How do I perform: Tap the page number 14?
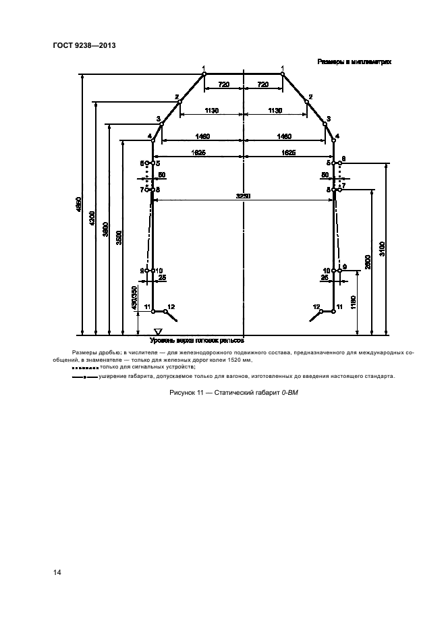point(57,572)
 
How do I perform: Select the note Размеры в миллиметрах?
point(355,61)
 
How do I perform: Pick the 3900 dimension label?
point(105,229)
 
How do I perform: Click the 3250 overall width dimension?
point(243,196)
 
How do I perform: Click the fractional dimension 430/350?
point(134,298)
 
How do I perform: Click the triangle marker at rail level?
point(159,331)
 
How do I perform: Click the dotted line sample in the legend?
point(84,367)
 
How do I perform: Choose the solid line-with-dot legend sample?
point(84,377)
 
